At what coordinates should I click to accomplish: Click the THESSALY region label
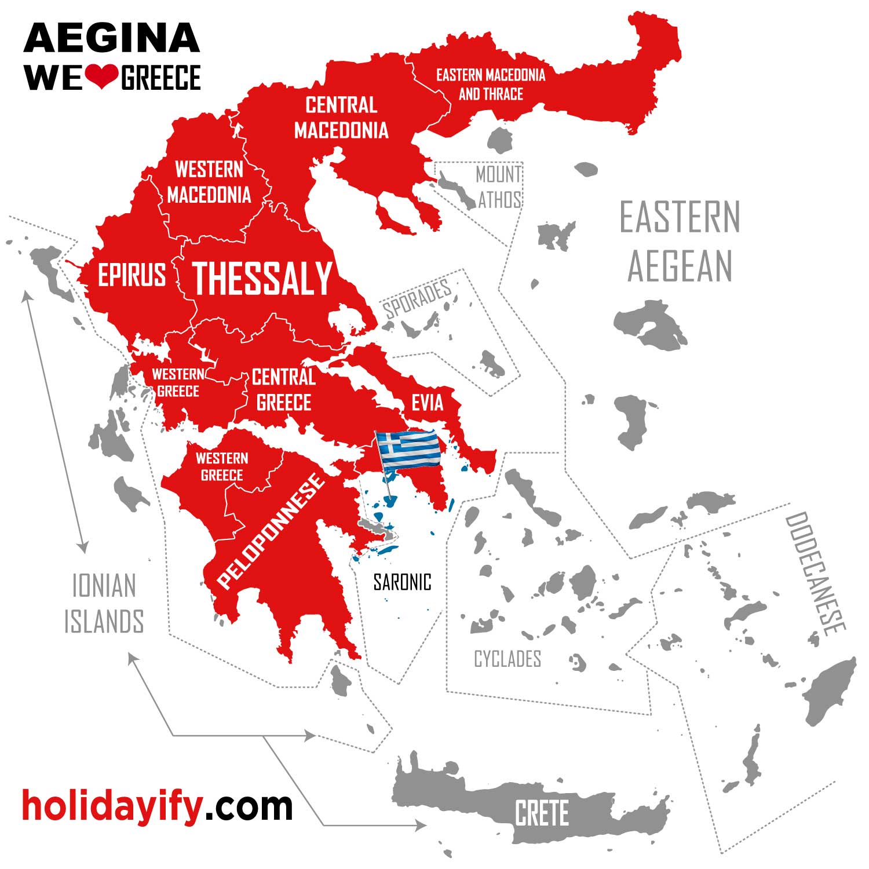pos(262,278)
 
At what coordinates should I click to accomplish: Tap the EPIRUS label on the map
pos(132,275)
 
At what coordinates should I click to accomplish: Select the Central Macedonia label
pos(341,118)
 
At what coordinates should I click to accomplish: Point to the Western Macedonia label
pos(209,182)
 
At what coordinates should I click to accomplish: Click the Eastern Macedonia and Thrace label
pos(491,84)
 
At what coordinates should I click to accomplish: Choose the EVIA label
pos(427,403)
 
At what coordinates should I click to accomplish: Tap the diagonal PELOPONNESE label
pos(270,530)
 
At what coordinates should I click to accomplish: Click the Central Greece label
pos(284,390)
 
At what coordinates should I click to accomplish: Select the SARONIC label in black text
pos(402,582)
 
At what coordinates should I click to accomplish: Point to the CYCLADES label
pos(507,659)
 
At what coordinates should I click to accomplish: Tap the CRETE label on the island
pos(542,813)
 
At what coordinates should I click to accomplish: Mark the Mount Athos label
pos(499,187)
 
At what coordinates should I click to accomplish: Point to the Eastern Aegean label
pos(680,241)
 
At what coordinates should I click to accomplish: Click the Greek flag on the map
pos(408,450)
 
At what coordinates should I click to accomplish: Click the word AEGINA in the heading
pos(112,38)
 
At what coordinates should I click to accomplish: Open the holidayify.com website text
pos(157,805)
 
